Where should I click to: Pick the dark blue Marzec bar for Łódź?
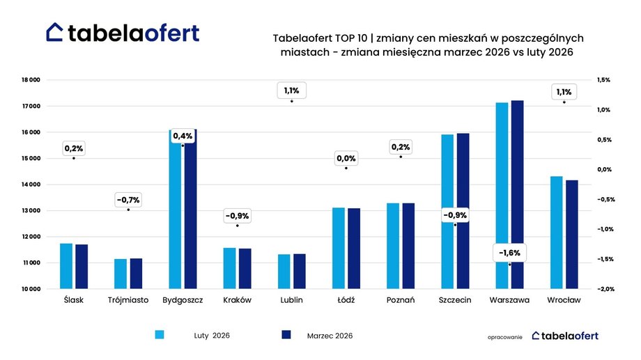pos(355,248)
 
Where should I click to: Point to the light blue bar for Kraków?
pos(229,268)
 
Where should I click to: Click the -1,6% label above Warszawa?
pos(509,252)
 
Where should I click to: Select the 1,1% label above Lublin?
pos(291,91)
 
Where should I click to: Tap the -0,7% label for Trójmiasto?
pos(128,200)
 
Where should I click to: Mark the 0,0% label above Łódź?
pos(346,159)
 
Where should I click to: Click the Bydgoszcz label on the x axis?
pos(183,300)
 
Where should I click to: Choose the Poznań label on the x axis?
pos(400,300)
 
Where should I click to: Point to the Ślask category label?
pos(73,300)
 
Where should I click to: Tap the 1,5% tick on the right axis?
pos(603,80)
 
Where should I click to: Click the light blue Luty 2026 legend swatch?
pos(159,335)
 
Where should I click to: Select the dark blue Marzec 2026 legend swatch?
pos(286,335)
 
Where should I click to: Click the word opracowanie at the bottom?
pos(505,336)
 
